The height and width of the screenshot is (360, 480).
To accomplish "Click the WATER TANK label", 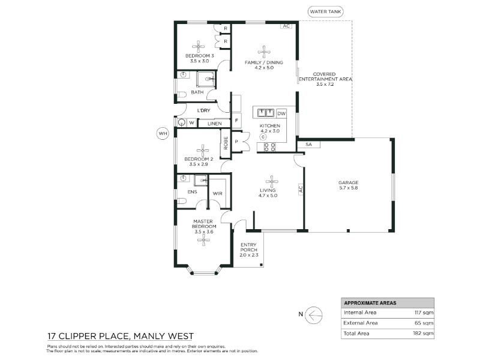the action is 325,12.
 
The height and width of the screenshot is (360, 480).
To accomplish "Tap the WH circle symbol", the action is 163,133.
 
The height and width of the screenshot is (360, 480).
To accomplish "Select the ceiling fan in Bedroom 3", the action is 199,47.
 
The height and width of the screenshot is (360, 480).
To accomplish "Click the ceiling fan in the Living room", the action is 272,182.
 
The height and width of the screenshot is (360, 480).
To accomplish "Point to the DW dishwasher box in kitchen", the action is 281,113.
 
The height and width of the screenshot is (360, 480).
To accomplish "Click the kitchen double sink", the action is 265,113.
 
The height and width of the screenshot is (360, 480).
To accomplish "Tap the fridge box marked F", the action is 236,121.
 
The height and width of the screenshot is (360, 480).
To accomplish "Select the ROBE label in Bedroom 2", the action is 226,143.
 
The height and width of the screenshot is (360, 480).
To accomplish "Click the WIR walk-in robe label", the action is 217,193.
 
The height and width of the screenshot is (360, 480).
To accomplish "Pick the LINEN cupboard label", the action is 214,124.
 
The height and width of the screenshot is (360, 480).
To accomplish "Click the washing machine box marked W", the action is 191,123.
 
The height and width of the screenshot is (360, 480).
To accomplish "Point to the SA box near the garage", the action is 308,144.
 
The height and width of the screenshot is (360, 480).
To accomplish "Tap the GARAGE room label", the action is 349,182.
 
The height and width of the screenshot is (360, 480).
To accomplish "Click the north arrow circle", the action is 314,315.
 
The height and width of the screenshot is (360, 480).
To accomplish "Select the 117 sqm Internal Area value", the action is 424,313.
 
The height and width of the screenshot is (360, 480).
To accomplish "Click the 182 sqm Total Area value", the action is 424,334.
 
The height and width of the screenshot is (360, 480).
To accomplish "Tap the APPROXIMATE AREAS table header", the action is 370,303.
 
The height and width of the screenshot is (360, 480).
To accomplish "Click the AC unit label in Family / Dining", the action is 286,26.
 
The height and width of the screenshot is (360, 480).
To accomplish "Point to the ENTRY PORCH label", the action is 248,247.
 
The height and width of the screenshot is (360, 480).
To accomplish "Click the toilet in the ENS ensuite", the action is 182,201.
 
